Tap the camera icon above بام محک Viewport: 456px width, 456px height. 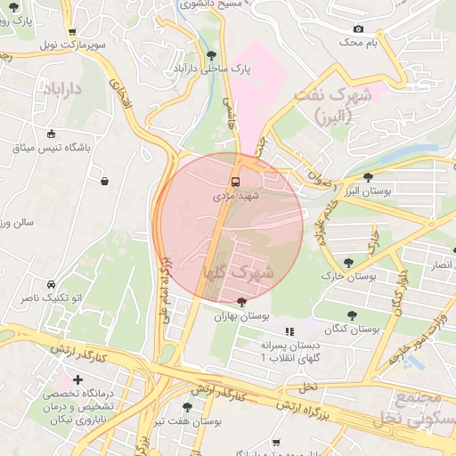pyautogui.click(x=358, y=28)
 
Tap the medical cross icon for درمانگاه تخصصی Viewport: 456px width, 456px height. pyautogui.click(x=78, y=380)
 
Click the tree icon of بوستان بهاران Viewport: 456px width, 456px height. pyautogui.click(x=241, y=302)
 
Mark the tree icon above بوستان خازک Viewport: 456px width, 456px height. pyautogui.click(x=347, y=263)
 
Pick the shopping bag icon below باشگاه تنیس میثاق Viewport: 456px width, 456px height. pyautogui.click(x=105, y=181)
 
